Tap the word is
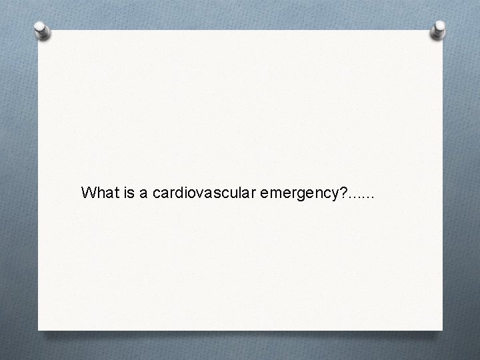point(127,193)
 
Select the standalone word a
point(144,193)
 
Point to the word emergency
point(297,194)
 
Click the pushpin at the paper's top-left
point(43,31)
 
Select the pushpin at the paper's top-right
point(439,29)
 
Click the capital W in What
point(88,193)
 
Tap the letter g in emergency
point(304,195)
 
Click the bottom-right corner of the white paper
point(441,329)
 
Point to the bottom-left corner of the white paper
point(39,329)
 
